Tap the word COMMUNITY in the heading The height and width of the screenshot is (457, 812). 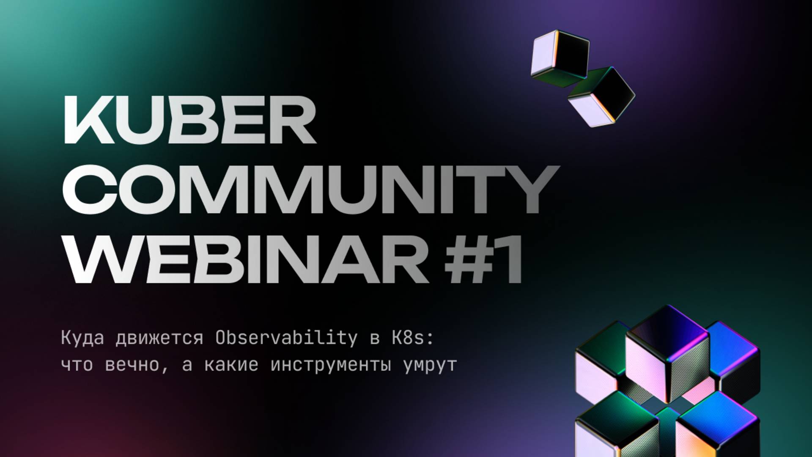311,189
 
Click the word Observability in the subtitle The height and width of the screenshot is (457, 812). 286,338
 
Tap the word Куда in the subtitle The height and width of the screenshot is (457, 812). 82,338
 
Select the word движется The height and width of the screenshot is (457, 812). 159,338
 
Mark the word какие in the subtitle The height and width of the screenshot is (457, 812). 231,365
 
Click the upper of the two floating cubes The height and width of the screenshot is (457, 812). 559,57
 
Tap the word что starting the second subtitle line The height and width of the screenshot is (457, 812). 77,365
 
